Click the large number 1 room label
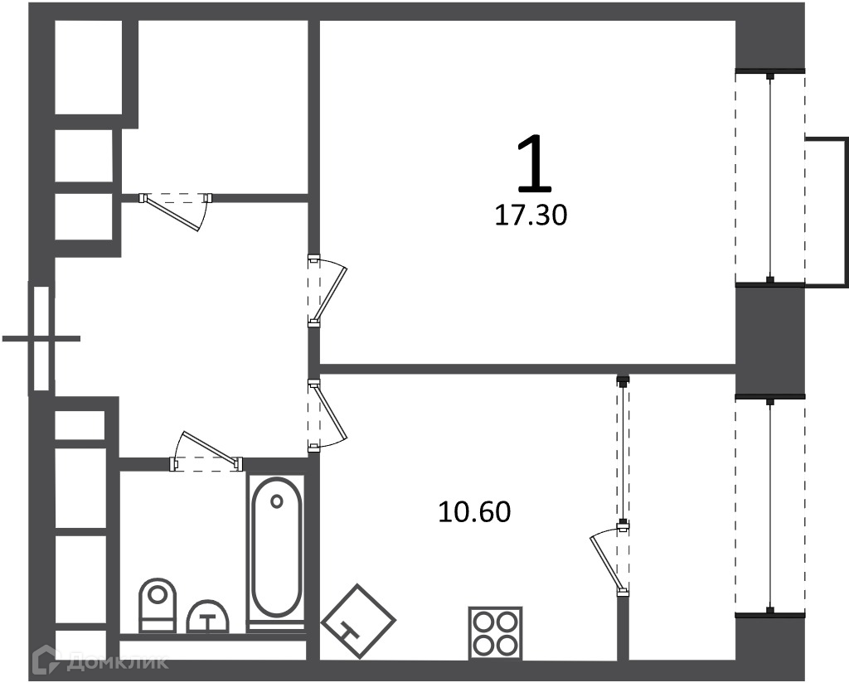(x=534, y=164)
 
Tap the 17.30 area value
(x=531, y=215)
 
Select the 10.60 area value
(x=474, y=512)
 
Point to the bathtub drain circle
(x=277, y=501)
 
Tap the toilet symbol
(x=158, y=605)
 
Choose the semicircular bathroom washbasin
(x=208, y=617)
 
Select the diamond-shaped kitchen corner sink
(x=358, y=621)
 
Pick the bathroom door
(x=206, y=452)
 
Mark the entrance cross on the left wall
(x=41, y=339)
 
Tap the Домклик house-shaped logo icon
(x=46, y=661)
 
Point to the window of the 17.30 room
(x=770, y=177)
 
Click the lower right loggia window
(x=770, y=506)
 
